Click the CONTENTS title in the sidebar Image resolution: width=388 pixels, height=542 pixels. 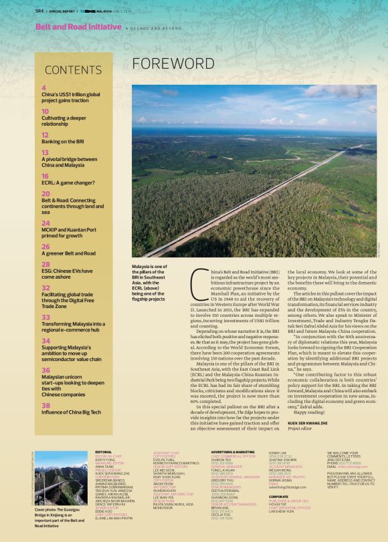(73, 70)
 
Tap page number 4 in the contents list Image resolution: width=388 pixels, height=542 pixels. (43, 88)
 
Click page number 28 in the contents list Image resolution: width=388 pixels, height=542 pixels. (45, 265)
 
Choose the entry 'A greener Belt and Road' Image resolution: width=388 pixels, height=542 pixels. (68, 253)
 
